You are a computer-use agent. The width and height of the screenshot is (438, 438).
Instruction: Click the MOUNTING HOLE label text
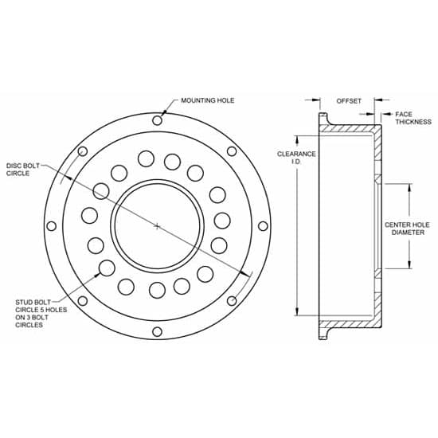click(208, 101)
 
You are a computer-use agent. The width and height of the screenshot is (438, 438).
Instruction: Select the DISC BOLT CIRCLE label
click(25, 169)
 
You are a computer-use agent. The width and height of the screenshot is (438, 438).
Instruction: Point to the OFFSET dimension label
click(349, 101)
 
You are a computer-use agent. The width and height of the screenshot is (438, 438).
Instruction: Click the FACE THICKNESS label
click(413, 118)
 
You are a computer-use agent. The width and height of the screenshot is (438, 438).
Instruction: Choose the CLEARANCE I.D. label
click(296, 158)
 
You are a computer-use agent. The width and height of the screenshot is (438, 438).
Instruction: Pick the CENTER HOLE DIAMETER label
click(407, 230)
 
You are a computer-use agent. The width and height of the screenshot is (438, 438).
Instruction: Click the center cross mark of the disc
click(157, 226)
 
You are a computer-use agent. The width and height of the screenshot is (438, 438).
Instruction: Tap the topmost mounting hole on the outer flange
click(157, 121)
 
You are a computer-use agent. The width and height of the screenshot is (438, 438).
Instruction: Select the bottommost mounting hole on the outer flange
click(157, 331)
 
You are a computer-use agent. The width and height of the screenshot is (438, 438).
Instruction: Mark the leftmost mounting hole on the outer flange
click(52, 226)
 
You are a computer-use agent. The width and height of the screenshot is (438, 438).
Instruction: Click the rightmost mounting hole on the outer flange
click(262, 226)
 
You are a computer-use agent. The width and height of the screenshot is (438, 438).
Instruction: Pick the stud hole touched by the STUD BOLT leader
click(105, 268)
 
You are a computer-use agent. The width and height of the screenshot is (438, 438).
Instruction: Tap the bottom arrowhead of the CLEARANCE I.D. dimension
click(297, 316)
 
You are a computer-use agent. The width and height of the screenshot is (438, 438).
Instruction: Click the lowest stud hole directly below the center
click(157, 290)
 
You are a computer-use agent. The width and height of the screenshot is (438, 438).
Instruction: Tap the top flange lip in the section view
click(325, 121)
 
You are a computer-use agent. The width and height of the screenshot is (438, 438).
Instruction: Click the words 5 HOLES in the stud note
click(53, 311)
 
